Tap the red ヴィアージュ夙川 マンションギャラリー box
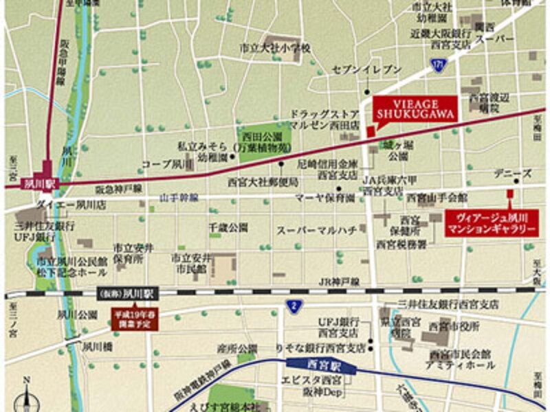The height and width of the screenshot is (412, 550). pyautogui.click(x=491, y=224)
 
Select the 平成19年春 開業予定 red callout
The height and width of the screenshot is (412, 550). pyautogui.click(x=133, y=319)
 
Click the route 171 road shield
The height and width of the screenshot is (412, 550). pyautogui.click(x=438, y=63)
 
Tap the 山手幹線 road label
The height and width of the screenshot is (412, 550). pyautogui.click(x=179, y=198)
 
